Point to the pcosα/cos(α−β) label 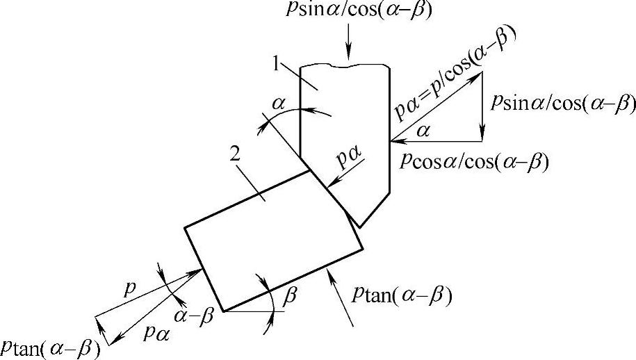(x=475, y=161)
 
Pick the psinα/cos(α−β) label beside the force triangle (x=563, y=102)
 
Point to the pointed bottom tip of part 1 (x=359, y=226)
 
